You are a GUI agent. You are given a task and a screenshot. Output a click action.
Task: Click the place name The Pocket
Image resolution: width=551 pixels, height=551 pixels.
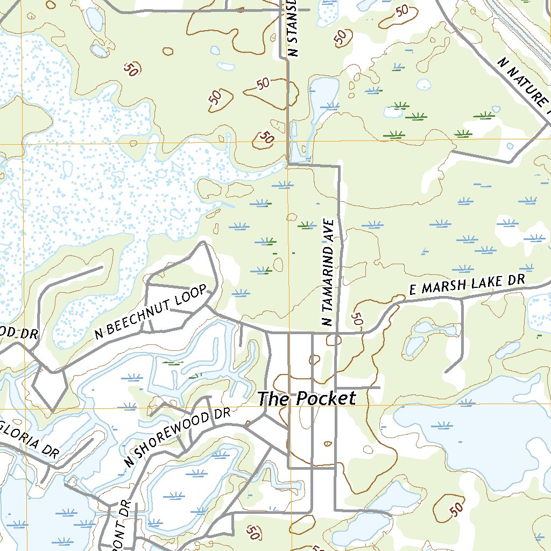[306, 399]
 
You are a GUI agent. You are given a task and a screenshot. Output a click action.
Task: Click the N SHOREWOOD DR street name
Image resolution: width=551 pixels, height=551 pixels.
[176, 437]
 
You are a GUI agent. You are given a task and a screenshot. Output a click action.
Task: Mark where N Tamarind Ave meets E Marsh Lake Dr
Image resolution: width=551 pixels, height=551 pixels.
[337, 333]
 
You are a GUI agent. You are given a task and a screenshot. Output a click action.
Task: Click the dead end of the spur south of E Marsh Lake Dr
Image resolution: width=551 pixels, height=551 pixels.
[446, 371]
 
